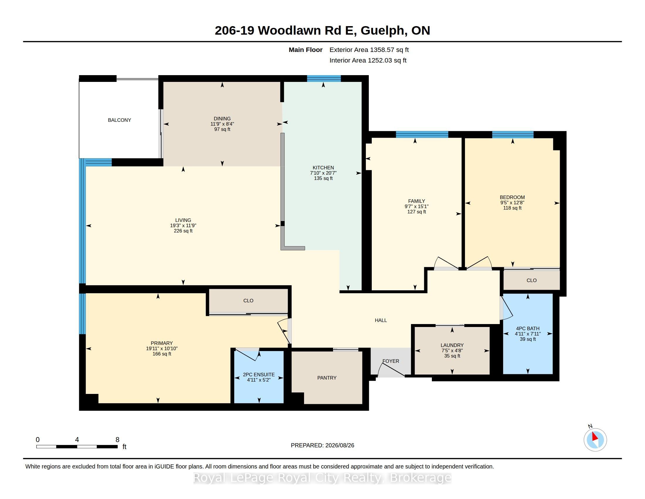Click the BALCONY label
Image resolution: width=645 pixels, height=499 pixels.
point(119,120)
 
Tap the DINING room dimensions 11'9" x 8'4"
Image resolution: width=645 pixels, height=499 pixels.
point(222,124)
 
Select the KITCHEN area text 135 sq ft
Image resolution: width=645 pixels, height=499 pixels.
point(323,178)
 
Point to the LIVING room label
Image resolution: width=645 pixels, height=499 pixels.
point(183,220)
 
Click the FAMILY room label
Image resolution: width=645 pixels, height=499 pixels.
point(416,201)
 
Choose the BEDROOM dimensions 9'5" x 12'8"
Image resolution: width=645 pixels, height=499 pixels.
point(512,203)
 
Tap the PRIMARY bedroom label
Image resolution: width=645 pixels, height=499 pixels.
point(162,343)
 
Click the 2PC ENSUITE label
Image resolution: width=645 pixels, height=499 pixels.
point(259,375)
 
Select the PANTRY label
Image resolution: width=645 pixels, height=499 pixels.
point(327,378)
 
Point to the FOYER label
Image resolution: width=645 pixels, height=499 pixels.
point(391,361)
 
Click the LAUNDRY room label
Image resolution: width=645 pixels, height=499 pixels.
point(452,345)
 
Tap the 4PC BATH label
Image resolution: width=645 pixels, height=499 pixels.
point(528,328)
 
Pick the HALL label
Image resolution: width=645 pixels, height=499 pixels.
point(381,320)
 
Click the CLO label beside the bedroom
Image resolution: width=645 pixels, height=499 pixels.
point(532,280)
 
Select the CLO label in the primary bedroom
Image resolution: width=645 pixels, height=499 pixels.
point(248,301)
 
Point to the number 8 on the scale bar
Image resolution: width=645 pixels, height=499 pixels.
point(117,440)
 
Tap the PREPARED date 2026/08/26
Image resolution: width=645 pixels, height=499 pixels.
point(340,445)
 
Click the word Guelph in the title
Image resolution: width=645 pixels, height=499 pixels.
point(383,31)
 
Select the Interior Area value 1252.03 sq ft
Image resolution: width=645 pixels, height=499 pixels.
point(387,60)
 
